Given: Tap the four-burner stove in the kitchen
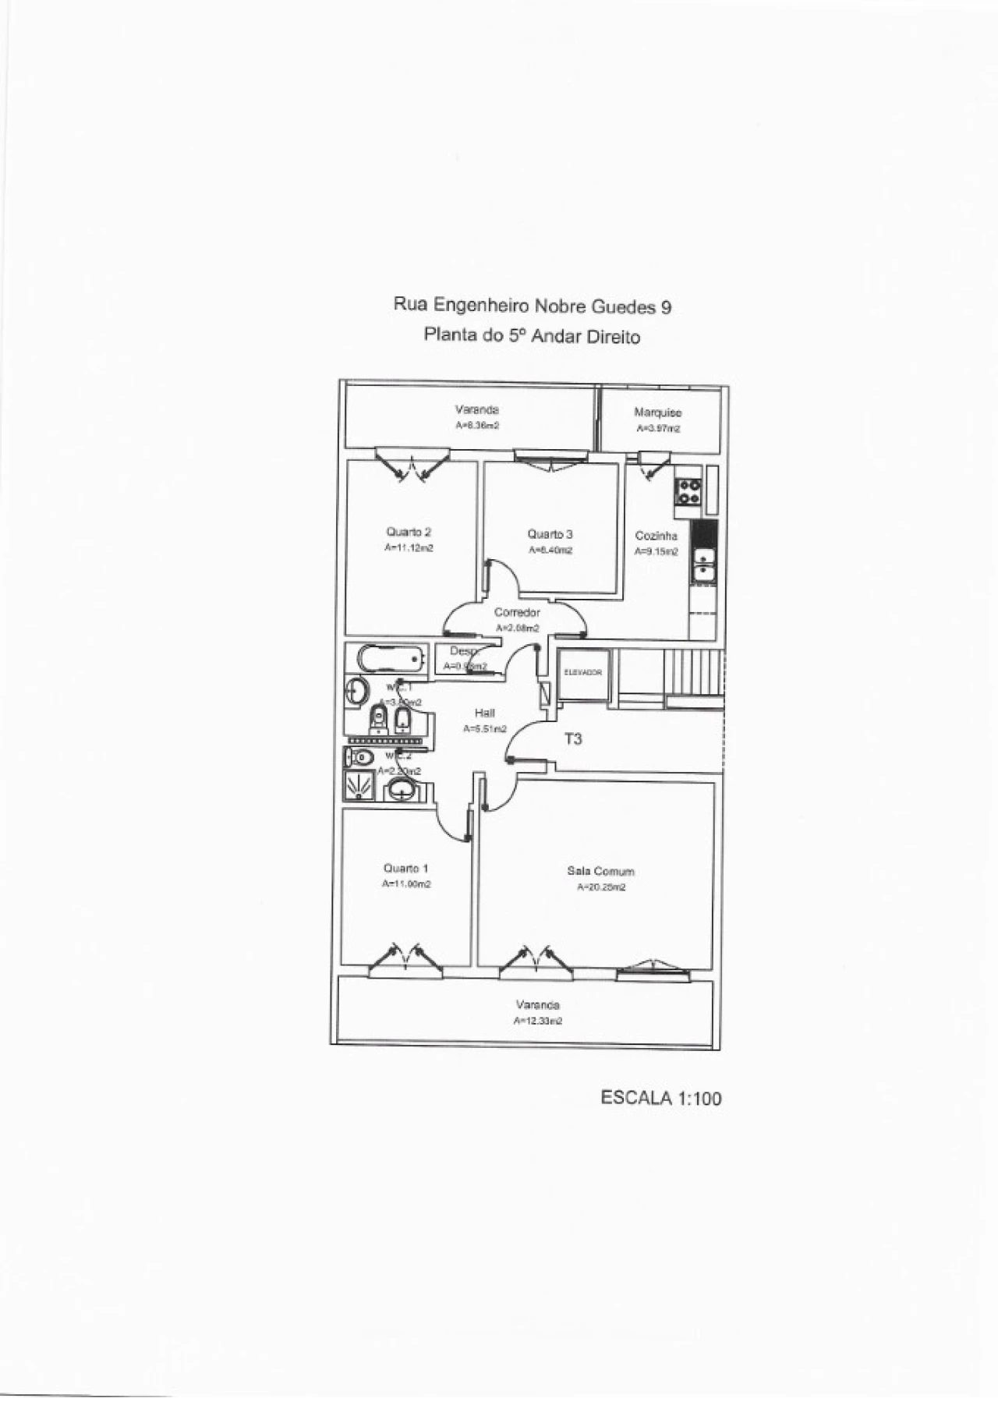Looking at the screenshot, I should pos(688,492).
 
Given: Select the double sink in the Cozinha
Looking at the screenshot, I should pos(704,565).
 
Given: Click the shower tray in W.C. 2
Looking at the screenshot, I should pos(359,787).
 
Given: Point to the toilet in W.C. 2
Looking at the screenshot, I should pos(361,756).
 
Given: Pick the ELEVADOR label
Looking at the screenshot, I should pos(582,672).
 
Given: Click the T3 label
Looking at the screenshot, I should pos(573,738).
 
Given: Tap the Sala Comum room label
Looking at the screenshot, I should pos(600,871).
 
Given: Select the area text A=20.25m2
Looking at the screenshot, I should pos(600,887).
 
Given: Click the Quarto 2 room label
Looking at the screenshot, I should pos(409,532).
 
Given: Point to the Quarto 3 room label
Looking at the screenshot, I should pos(550,534).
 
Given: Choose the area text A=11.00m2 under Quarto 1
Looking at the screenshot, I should pos(406,884).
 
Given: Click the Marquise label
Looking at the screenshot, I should pos(657,412).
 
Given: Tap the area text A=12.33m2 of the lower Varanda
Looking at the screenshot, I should pos(537,1021).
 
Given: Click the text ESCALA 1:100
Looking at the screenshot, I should pos(660,1098).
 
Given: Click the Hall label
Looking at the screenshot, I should pos(484,713).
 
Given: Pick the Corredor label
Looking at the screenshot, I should pos(517,612).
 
